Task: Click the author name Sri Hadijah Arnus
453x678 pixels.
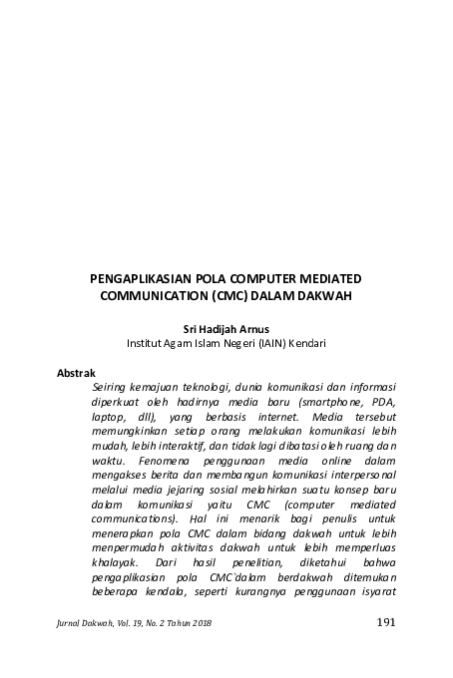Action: coord(226,326)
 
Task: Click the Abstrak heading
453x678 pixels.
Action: coord(77,372)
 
